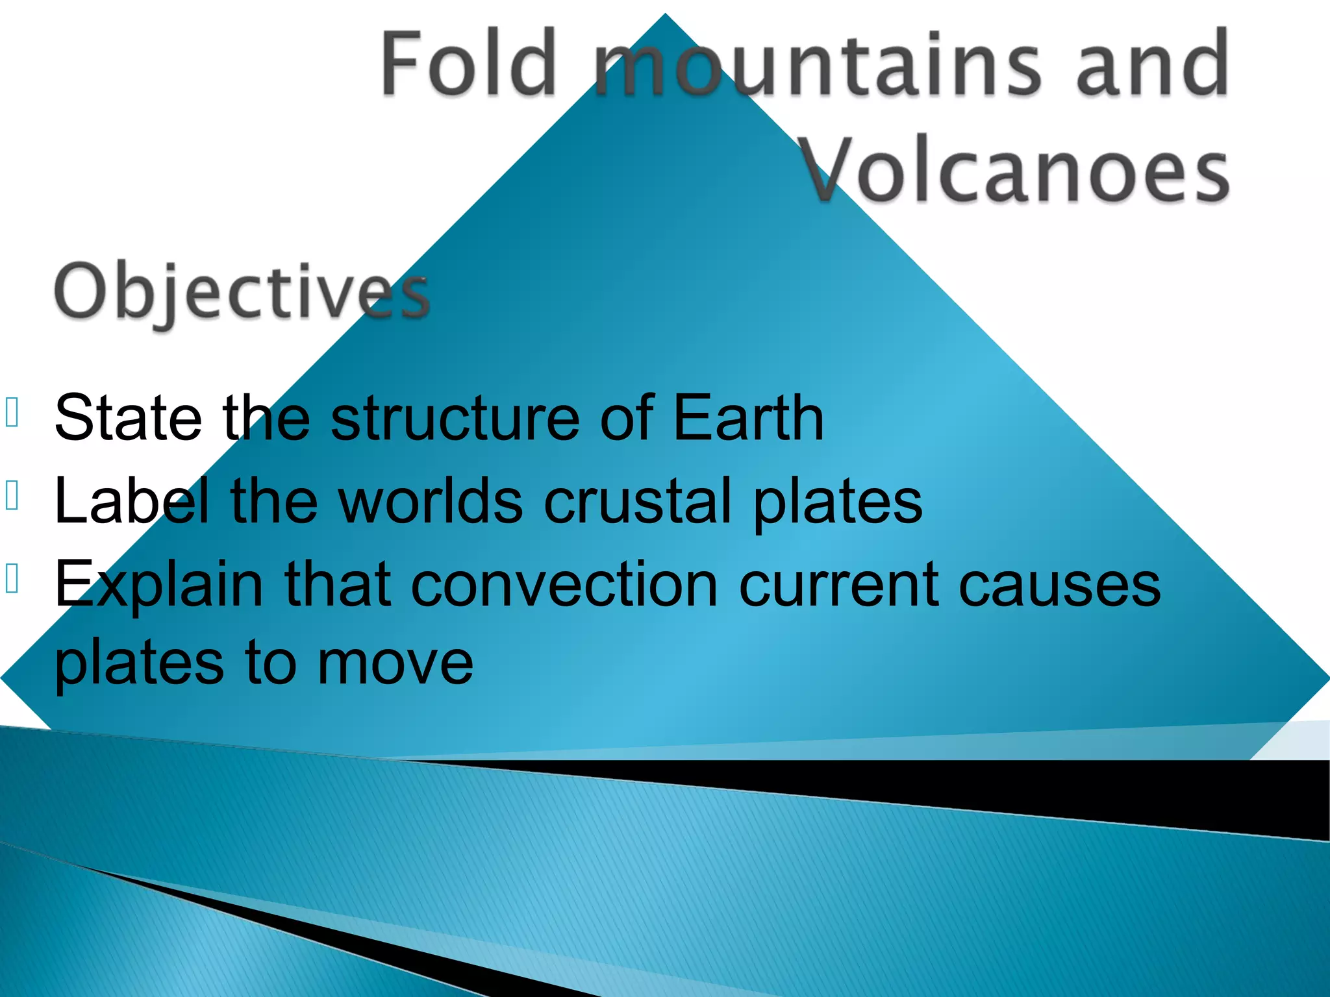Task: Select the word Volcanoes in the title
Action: click(x=1016, y=170)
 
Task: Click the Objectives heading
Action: click(x=242, y=292)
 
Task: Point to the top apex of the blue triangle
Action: click(x=665, y=14)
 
